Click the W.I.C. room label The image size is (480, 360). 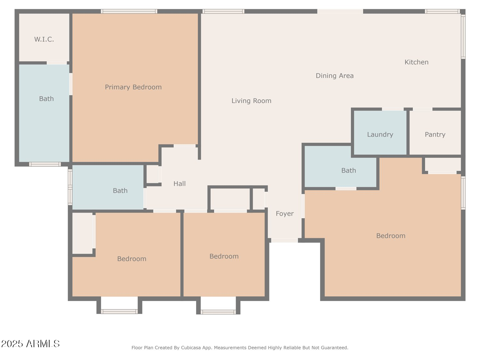pyautogui.click(x=44, y=39)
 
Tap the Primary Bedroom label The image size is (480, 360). pyautogui.click(x=133, y=87)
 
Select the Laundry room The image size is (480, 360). pyautogui.click(x=380, y=134)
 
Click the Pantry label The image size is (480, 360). pyautogui.click(x=435, y=134)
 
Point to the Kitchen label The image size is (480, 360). pyautogui.click(x=416, y=62)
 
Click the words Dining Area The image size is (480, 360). pyautogui.click(x=334, y=76)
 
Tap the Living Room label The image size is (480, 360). pyautogui.click(x=251, y=101)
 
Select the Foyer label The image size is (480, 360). pyautogui.click(x=284, y=213)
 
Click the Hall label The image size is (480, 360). pyautogui.click(x=179, y=184)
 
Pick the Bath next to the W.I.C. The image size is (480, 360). pyautogui.click(x=46, y=99)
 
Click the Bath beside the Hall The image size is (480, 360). pyautogui.click(x=120, y=191)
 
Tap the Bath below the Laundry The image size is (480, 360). pyautogui.click(x=348, y=171)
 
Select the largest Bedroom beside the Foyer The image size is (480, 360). pyautogui.click(x=390, y=236)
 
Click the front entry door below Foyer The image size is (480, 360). pyautogui.click(x=284, y=240)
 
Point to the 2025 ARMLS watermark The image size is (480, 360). pyautogui.click(x=30, y=344)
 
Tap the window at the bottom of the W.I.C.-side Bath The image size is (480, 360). pyautogui.click(x=45, y=164)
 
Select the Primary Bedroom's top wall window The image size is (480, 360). pyautogui.click(x=129, y=12)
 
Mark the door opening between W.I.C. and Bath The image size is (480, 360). pyautogui.click(x=57, y=63)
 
